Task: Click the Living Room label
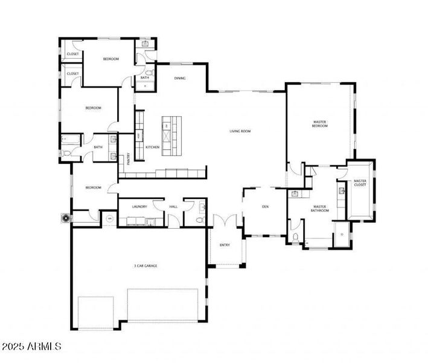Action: click(x=240, y=131)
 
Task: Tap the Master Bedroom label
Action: click(x=319, y=124)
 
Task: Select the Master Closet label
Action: click(x=360, y=183)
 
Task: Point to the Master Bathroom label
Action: click(x=319, y=209)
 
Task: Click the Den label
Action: click(x=264, y=206)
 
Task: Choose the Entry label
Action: click(x=225, y=245)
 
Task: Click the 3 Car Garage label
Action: click(x=145, y=266)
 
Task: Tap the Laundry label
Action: click(x=139, y=207)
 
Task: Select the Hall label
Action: click(x=173, y=207)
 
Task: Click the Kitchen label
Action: click(x=152, y=147)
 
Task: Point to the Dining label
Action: click(x=180, y=78)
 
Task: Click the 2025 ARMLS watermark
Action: click(x=31, y=347)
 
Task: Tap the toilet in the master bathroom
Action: click(x=294, y=237)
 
